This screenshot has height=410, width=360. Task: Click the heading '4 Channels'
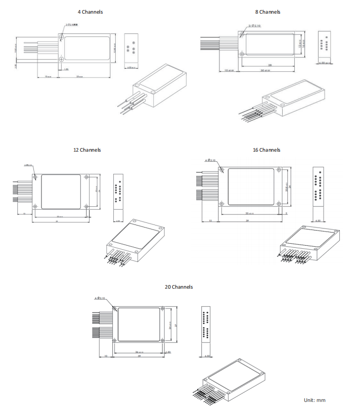89,12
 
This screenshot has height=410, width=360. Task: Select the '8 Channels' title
268,12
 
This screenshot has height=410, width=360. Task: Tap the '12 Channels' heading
87,150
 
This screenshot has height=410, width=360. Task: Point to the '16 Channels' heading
266,150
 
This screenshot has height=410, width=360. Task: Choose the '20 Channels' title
178,287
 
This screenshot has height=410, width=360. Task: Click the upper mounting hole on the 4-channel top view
61,37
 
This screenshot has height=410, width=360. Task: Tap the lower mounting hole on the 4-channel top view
61,59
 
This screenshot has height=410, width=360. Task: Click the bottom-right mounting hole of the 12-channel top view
87,206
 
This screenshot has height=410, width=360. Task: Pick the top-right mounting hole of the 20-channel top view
162,309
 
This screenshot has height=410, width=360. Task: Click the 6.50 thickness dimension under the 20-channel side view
208,355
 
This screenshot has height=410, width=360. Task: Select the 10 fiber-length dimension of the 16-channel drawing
210,221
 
